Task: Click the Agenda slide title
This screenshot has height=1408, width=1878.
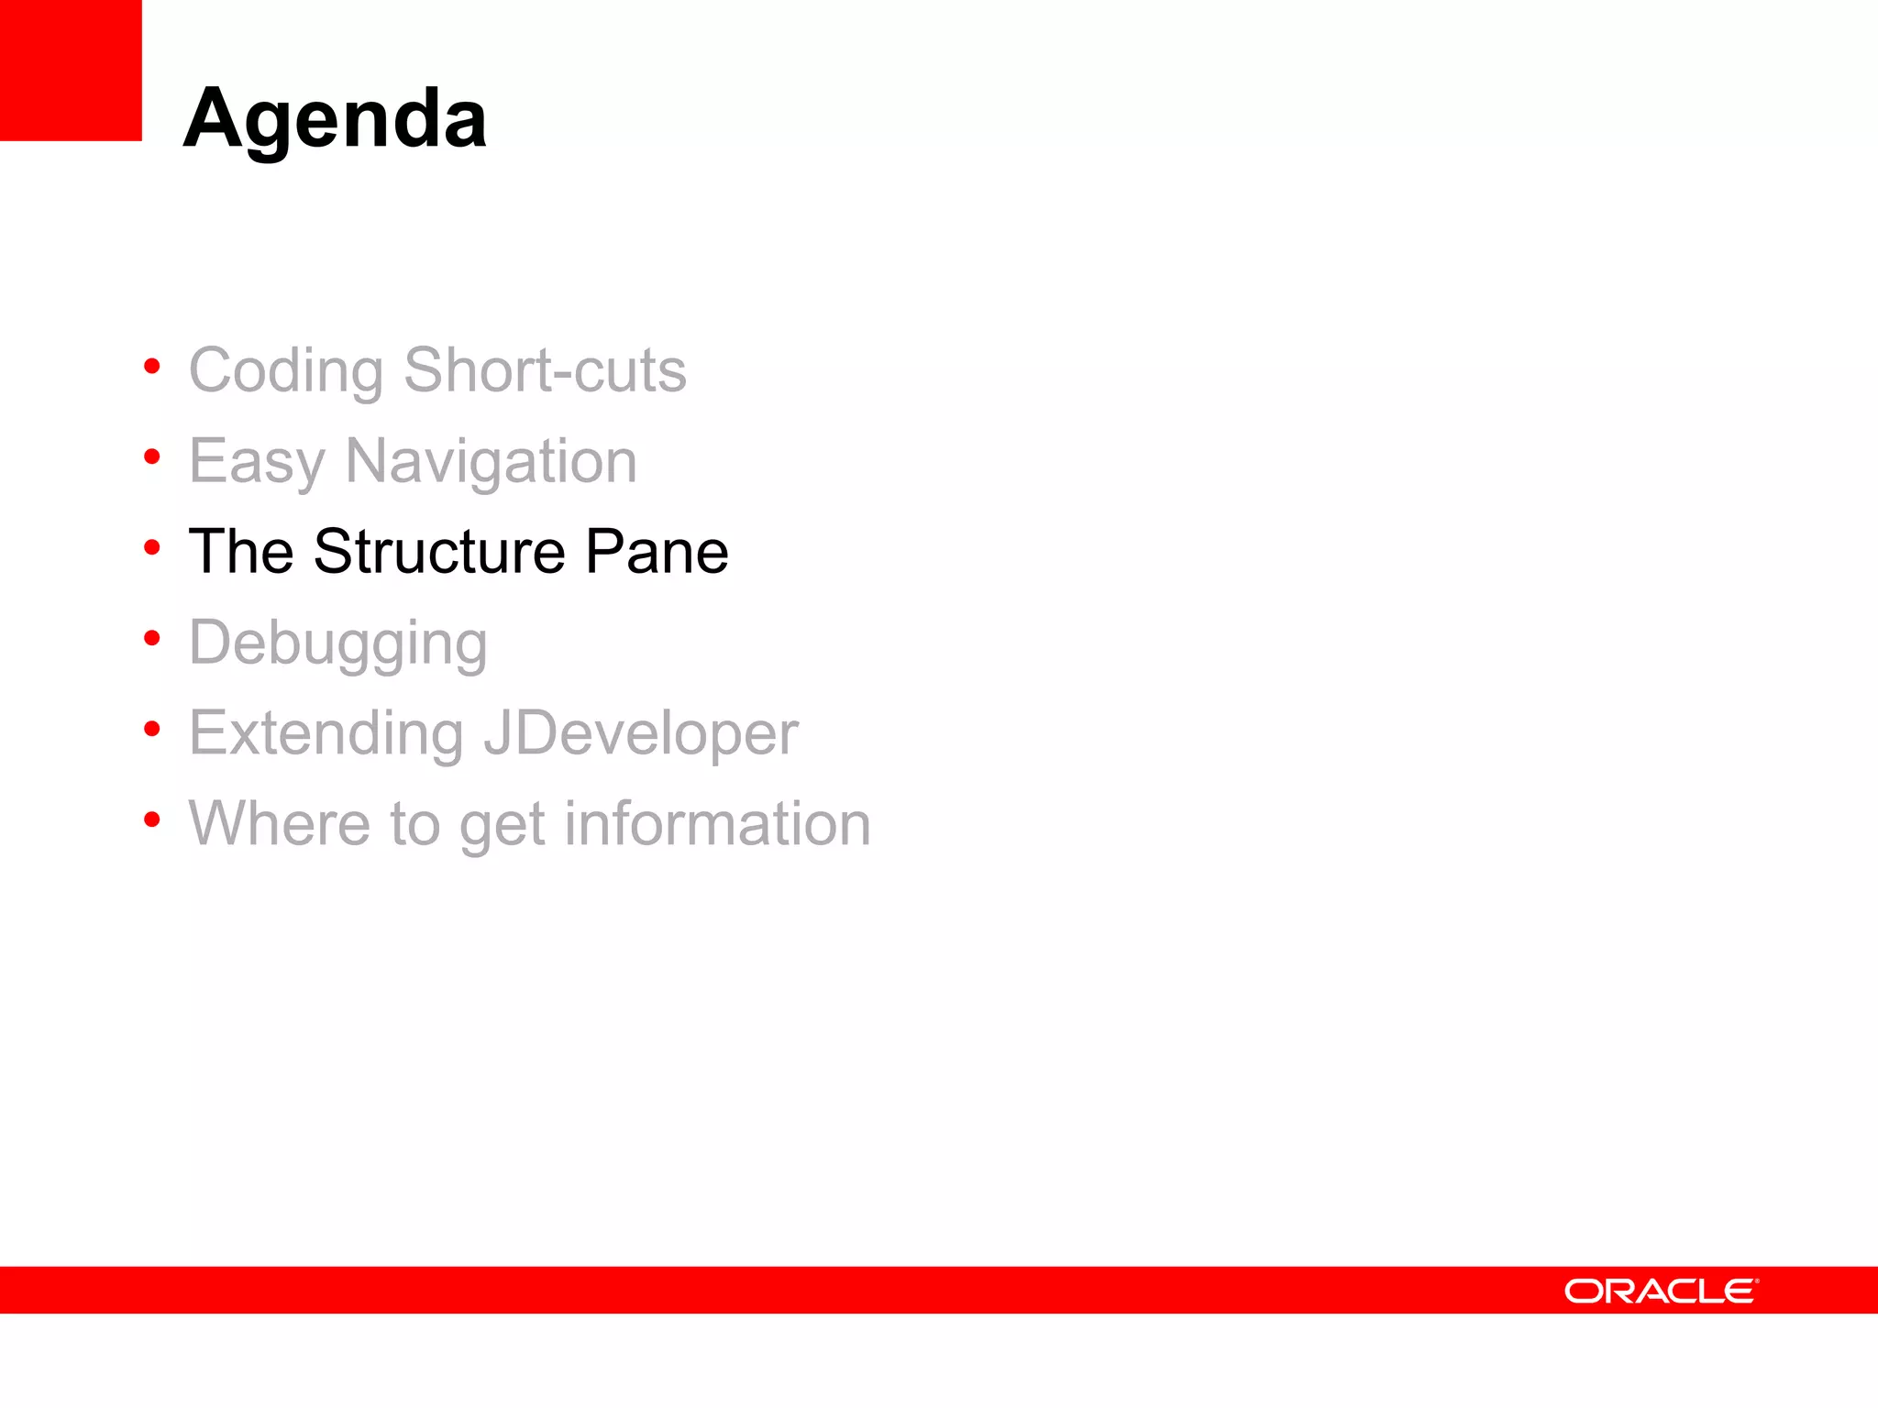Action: pyautogui.click(x=336, y=119)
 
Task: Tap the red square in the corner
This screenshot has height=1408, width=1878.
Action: pyautogui.click(x=71, y=70)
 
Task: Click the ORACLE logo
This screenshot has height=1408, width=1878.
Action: pyautogui.click(x=1661, y=1291)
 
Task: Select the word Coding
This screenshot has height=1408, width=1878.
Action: pyautogui.click(x=286, y=371)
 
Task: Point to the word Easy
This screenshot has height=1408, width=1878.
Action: pyautogui.click(x=257, y=461)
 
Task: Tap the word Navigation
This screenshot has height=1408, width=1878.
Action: pyautogui.click(x=491, y=461)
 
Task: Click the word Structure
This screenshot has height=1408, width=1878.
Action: pyautogui.click(x=439, y=552)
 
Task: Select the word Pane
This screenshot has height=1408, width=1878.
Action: pyautogui.click(x=657, y=552)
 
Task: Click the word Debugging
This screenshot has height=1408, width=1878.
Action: pyautogui.click(x=337, y=643)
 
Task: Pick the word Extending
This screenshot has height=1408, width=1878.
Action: pyautogui.click(x=326, y=734)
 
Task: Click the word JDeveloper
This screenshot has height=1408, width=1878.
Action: pyautogui.click(x=640, y=734)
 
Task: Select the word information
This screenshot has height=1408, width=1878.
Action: pyautogui.click(x=717, y=823)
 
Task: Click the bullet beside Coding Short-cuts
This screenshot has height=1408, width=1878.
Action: pyautogui.click(x=152, y=367)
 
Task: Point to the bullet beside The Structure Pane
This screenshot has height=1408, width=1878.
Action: pyautogui.click(x=152, y=548)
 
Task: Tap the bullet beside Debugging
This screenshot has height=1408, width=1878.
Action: pyautogui.click(x=152, y=638)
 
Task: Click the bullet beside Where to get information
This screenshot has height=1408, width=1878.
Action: pyautogui.click(x=152, y=819)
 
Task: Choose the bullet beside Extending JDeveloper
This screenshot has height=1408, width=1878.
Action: pyautogui.click(x=152, y=729)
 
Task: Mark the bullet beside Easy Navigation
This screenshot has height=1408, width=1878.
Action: pyautogui.click(x=152, y=456)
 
